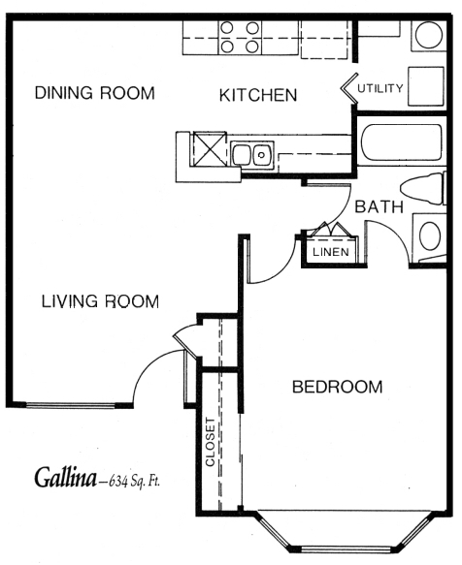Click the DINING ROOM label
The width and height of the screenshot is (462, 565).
click(94, 93)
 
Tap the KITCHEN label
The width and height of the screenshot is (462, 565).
click(258, 95)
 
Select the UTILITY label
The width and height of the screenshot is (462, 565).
click(380, 88)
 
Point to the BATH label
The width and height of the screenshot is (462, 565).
click(379, 206)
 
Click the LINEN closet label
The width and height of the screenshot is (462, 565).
click(331, 252)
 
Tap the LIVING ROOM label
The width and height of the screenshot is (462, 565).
click(100, 301)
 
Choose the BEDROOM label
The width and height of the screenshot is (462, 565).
click(338, 387)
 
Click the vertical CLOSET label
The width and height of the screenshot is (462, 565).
click(210, 442)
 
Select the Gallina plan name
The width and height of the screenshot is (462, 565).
click(65, 478)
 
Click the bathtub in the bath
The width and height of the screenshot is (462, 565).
click(402, 142)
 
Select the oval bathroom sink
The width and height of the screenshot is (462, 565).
click(430, 236)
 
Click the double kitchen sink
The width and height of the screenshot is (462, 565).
click(252, 155)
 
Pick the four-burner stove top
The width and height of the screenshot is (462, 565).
click(240, 38)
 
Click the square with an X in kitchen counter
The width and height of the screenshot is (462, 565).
click(210, 149)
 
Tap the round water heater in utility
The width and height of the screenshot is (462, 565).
click(429, 35)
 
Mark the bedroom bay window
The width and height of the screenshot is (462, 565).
click(346, 532)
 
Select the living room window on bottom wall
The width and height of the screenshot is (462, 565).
click(71, 405)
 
